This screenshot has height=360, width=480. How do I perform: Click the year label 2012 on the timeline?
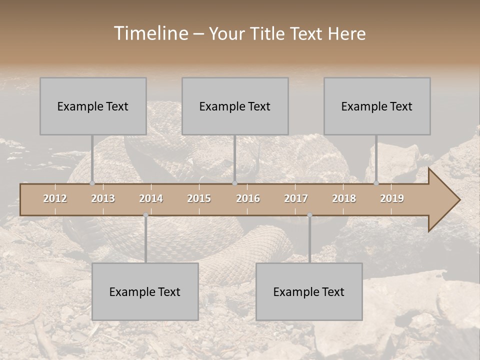pyautogui.click(x=55, y=198)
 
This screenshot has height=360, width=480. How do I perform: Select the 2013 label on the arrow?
pyautogui.click(x=103, y=198)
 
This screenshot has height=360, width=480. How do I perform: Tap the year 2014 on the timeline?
pyautogui.click(x=151, y=198)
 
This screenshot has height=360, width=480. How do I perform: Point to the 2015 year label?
pyautogui.click(x=199, y=198)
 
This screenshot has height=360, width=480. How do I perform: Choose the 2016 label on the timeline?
pyautogui.click(x=248, y=198)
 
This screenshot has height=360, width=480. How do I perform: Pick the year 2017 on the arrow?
pyautogui.click(x=296, y=198)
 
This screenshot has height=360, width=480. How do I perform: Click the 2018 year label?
pyautogui.click(x=344, y=198)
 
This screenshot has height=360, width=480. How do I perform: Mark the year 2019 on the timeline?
pyautogui.click(x=392, y=198)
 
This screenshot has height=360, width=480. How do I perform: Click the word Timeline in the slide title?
pyautogui.click(x=150, y=33)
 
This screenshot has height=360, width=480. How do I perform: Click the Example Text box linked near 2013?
pyautogui.click(x=93, y=106)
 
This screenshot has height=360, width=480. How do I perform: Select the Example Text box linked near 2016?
pyautogui.click(x=235, y=106)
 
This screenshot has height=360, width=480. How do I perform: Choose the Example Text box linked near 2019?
pyautogui.click(x=377, y=106)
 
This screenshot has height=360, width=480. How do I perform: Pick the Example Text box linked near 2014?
pyautogui.click(x=145, y=291)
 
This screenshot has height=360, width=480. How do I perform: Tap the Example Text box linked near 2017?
pyautogui.click(x=309, y=291)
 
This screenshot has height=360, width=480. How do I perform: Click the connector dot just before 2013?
pyautogui.click(x=92, y=183)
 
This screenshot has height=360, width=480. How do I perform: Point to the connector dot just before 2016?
pyautogui.click(x=234, y=183)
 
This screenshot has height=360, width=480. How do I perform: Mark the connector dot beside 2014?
pyautogui.click(x=145, y=215)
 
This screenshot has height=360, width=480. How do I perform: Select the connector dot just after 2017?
pyautogui.click(x=309, y=215)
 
